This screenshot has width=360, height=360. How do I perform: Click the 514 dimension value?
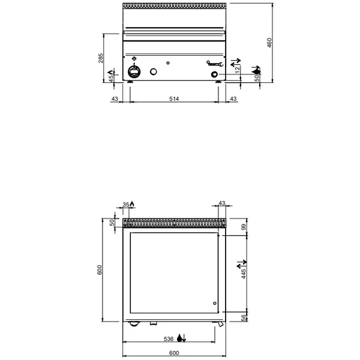(x=175, y=98)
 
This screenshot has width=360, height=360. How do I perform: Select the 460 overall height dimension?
(x=269, y=43)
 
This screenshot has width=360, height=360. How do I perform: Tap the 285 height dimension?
(x=101, y=58)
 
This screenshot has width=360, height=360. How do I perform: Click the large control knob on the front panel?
(x=134, y=72)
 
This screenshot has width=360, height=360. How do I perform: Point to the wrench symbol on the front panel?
(x=214, y=62)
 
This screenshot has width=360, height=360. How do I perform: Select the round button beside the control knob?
(x=154, y=72)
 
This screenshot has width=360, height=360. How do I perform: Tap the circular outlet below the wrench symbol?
(x=214, y=74)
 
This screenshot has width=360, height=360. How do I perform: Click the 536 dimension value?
(x=170, y=338)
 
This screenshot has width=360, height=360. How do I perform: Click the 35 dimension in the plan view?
(x=125, y=205)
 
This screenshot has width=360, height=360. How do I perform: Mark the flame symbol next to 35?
(x=132, y=204)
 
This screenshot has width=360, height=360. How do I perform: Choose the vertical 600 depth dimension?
(x=101, y=269)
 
